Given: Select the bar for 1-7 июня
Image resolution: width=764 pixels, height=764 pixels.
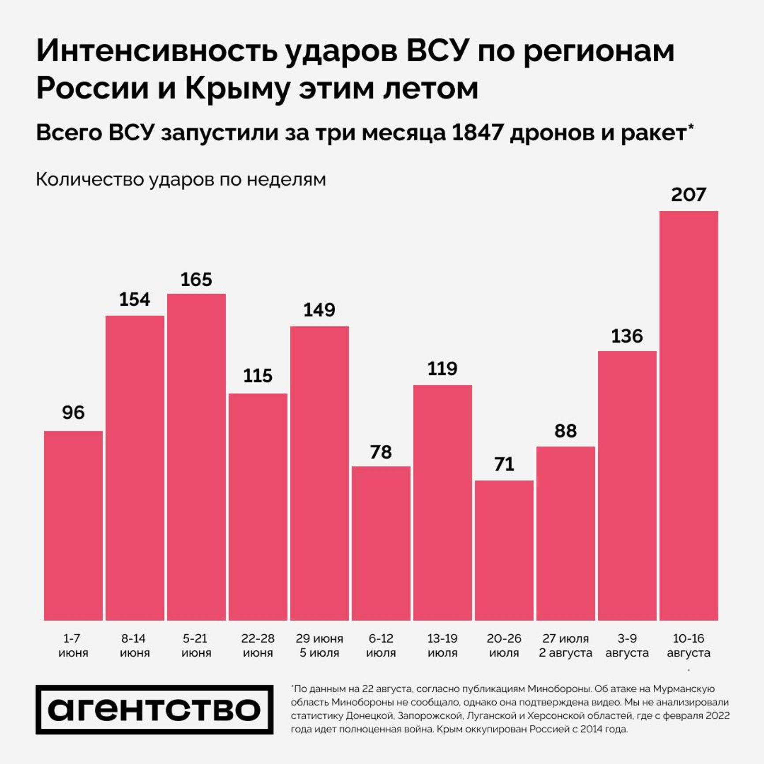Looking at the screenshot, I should (73, 525).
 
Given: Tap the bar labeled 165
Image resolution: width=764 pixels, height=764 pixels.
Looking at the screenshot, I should (196, 457).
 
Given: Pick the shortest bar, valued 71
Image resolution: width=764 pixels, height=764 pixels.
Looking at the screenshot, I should (504, 550).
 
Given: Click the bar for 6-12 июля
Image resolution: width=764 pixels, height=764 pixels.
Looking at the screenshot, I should (381, 543).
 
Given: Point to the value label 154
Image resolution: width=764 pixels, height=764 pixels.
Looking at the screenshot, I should (135, 300).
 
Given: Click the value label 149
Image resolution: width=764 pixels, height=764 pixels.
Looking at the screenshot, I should (319, 310).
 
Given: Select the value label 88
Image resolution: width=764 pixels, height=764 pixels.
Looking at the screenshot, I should (566, 431).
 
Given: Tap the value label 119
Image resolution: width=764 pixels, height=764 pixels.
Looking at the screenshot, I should (442, 369).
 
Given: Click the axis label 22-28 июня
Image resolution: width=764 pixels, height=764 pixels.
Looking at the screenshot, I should (258, 645).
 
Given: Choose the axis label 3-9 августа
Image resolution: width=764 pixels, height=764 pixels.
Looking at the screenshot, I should (627, 645).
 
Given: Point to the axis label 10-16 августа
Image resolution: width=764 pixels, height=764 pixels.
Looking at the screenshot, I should (689, 645).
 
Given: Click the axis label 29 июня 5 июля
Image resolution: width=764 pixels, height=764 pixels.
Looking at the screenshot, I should (319, 645).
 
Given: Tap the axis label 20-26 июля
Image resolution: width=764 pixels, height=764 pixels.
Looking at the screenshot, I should (504, 645).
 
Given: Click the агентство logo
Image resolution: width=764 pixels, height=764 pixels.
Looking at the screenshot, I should (154, 709).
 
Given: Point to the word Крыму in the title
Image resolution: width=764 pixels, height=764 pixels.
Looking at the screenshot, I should (237, 89).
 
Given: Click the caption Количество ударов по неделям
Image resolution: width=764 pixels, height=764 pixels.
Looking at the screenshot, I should (181, 180).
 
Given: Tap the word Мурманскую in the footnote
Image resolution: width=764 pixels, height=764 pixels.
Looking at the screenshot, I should (684, 689).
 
